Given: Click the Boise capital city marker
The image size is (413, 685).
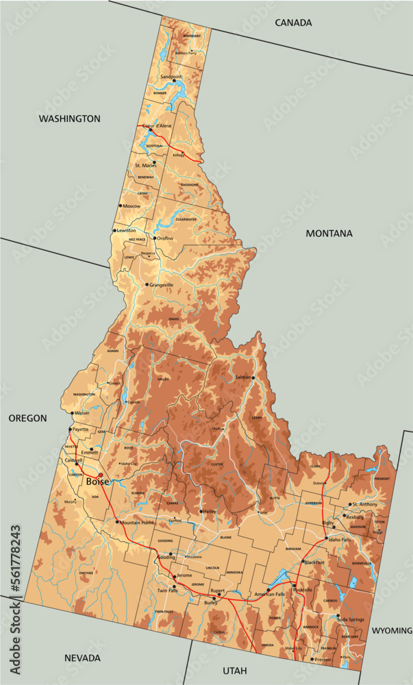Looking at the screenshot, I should tap(101, 475).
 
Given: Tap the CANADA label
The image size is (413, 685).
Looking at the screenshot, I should tap(293, 23).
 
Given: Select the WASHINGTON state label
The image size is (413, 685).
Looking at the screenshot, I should tap(69, 119).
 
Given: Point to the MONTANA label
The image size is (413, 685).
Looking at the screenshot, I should tap(329, 234).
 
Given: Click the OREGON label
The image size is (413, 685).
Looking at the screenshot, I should tap(27, 418).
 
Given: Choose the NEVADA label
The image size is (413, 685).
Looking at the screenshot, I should tap(82, 658).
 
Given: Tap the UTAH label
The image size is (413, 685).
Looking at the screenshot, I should tap(235, 670).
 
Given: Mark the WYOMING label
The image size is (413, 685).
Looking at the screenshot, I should tap(392, 630).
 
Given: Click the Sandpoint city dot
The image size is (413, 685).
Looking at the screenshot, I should tap(175, 82).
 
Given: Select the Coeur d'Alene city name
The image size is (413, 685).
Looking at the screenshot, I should tap(156, 126).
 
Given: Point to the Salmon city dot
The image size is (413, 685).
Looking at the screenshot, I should tap(253, 377).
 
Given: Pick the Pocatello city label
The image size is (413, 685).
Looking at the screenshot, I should tap(302, 589).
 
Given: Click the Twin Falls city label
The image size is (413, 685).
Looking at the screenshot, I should tap(167, 590).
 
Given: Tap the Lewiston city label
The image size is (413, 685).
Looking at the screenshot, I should tap(127, 230).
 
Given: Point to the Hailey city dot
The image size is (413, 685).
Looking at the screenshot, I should tap(201, 511).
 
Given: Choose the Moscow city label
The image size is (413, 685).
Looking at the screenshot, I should tap(132, 206).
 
